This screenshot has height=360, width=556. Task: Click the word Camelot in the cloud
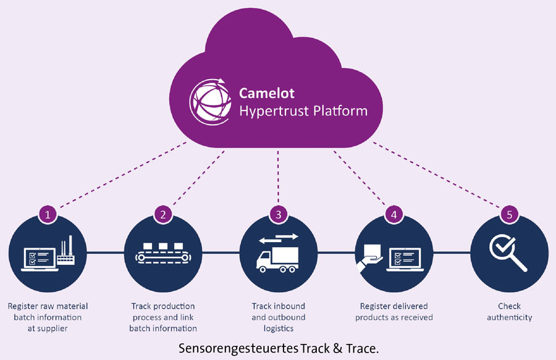pos(267,93)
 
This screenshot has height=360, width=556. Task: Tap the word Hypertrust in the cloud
pos(272,112)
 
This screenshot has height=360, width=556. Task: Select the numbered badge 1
pos(48,214)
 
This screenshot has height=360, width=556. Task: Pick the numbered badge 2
pos(163,214)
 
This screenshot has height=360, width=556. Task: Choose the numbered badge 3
pos(279,214)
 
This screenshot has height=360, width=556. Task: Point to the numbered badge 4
pos(394,214)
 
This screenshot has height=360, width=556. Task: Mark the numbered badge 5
pos(509,214)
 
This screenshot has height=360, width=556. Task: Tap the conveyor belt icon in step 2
pos(163,253)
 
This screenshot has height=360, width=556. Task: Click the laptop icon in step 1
pos(37,258)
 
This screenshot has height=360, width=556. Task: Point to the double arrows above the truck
pos(278,237)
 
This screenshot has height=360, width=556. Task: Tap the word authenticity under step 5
pos(509,317)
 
